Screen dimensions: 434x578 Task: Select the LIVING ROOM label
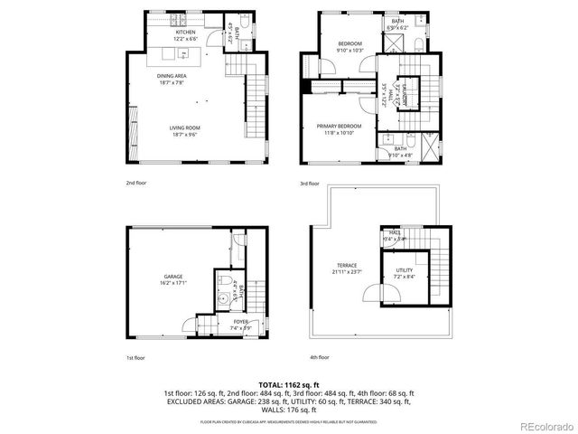click(x=183, y=127)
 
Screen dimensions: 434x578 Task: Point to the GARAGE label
click(x=172, y=276)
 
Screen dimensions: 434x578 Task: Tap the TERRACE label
click(x=348, y=265)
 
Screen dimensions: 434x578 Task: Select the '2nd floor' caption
click(x=136, y=183)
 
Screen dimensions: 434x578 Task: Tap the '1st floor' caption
click(x=135, y=357)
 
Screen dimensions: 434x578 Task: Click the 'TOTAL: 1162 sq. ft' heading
click(x=288, y=384)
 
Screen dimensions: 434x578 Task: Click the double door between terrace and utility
click(x=369, y=293)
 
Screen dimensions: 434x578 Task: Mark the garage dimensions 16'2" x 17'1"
click(x=172, y=283)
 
